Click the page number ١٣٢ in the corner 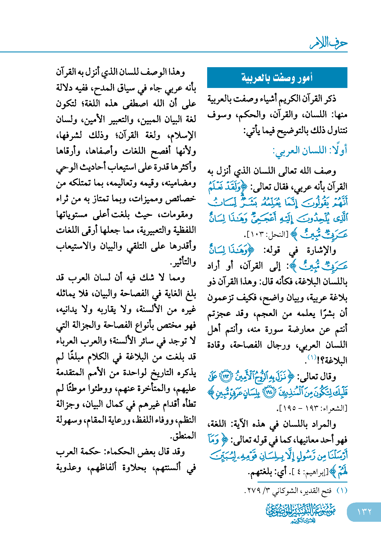click(x=364, y=512)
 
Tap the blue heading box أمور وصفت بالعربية click(x=277, y=77)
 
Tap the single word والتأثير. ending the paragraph click(x=183, y=262)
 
